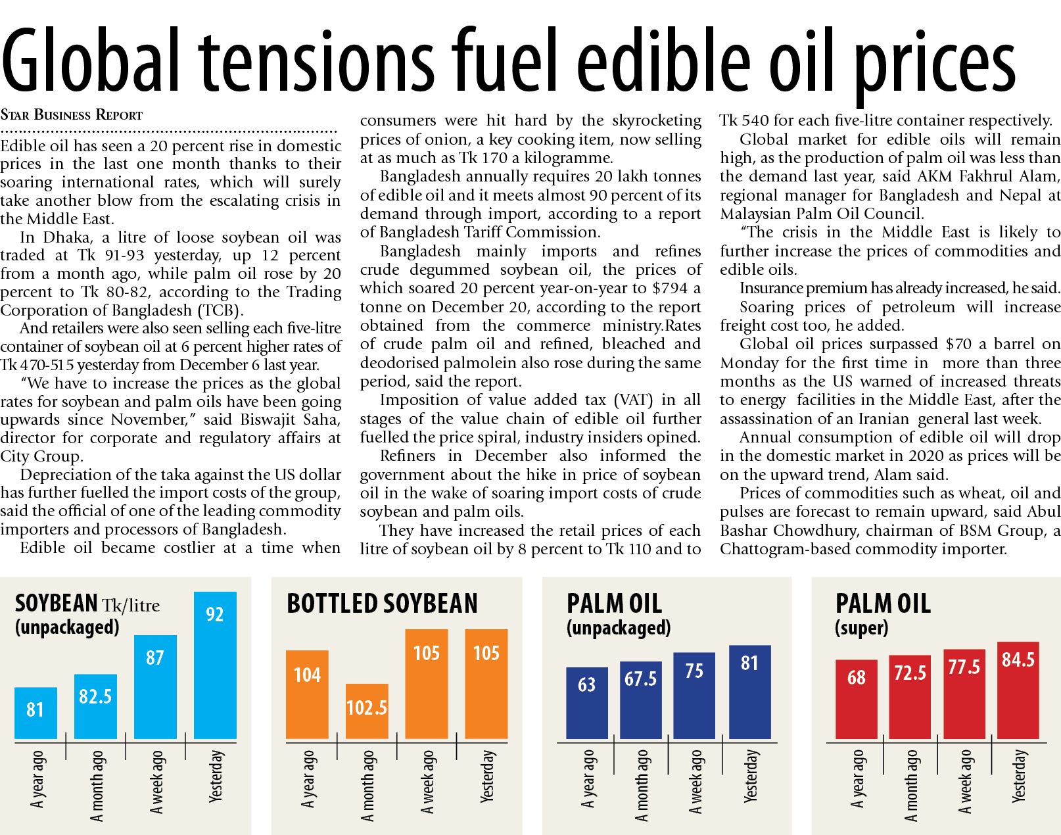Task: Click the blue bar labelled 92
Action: click(215, 665)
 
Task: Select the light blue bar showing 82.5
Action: click(95, 707)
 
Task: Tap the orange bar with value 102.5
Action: click(367, 711)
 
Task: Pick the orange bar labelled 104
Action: click(307, 695)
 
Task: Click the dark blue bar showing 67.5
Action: click(641, 700)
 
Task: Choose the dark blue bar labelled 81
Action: click(749, 692)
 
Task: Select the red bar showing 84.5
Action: click(1018, 690)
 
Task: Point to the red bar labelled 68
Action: click(856, 700)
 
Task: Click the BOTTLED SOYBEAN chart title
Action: click(382, 604)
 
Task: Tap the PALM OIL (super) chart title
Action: click(883, 613)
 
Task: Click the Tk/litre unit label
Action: click(131, 605)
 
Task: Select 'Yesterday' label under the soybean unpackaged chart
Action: click(216, 776)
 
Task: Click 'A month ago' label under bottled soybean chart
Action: click(367, 786)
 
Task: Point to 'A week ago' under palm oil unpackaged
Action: click(696, 782)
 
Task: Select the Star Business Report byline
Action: click(72, 115)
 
